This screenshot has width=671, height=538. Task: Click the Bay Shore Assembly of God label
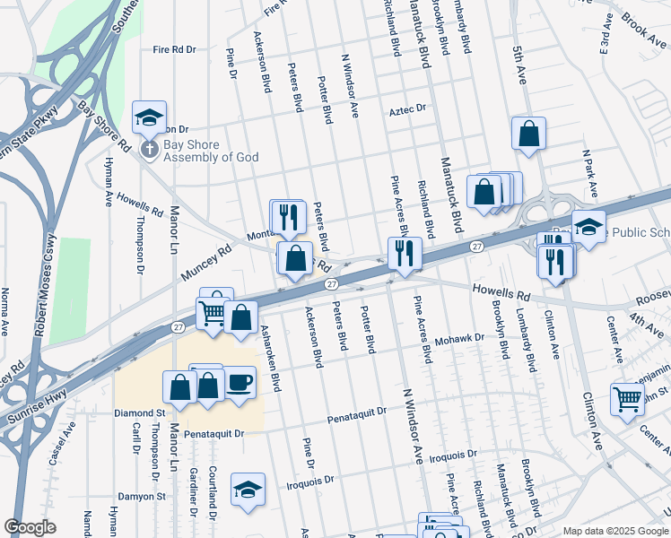210,151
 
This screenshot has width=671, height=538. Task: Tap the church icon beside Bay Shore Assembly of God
150,150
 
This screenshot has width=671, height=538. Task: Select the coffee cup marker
240,382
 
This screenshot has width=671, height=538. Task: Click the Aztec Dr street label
406,110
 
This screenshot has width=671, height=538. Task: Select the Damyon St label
142,496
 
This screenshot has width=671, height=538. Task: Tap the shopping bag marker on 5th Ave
529,134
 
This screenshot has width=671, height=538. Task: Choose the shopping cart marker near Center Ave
627,399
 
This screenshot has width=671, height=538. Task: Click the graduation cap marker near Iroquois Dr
248,490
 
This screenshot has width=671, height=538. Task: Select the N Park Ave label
588,175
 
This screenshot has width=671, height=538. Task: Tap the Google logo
30,527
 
